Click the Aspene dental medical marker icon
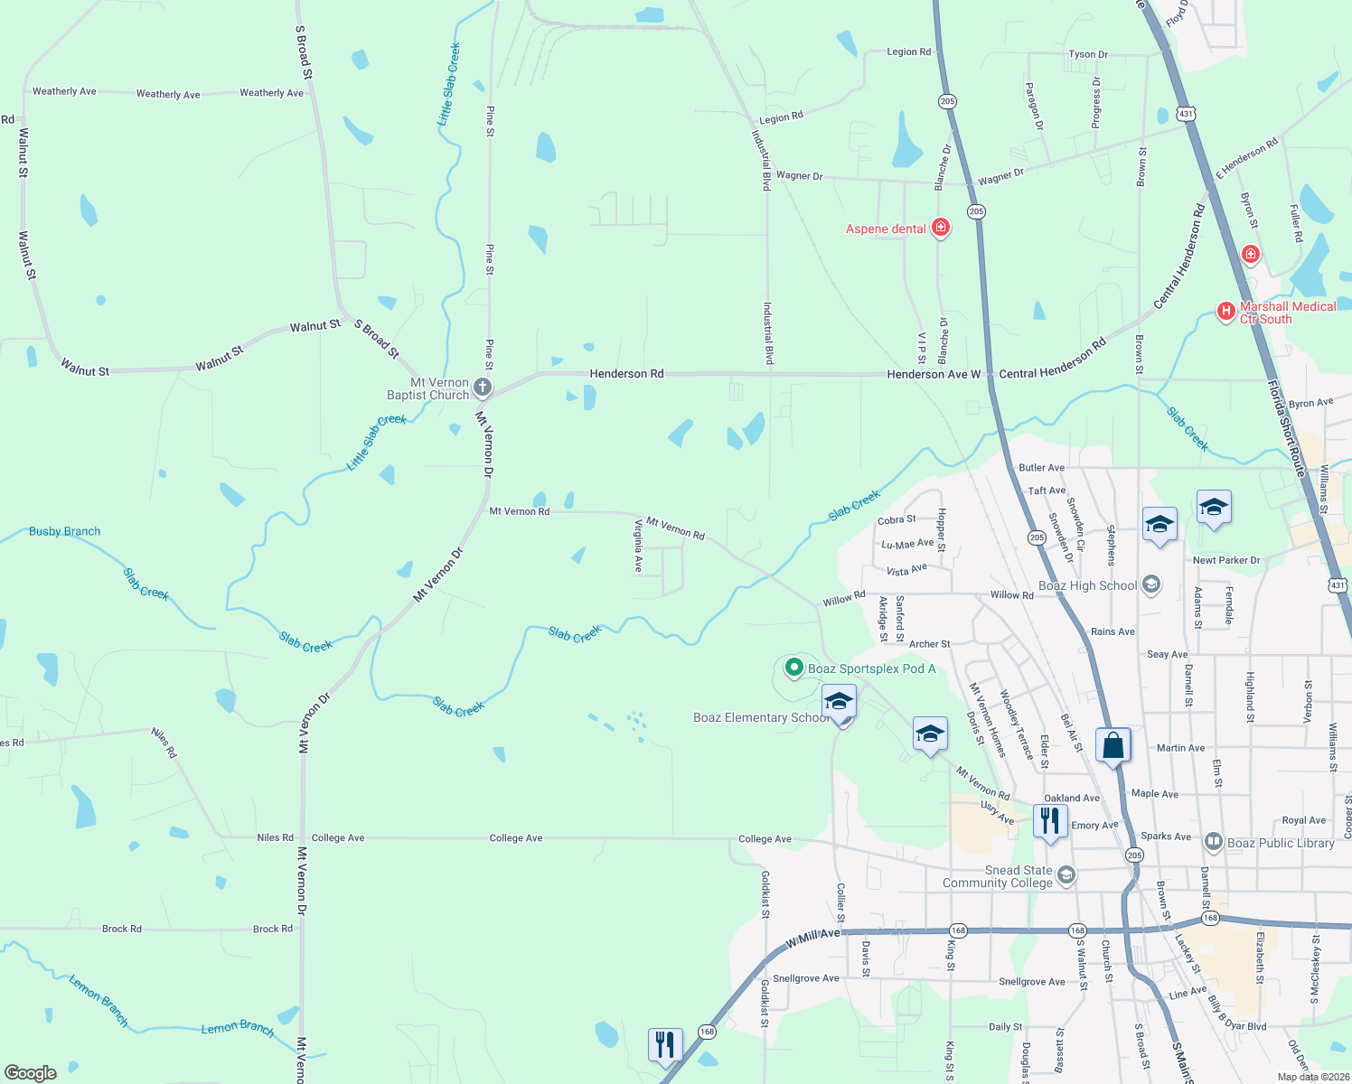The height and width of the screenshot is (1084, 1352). click(941, 227)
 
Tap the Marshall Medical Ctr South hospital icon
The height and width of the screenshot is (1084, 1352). click(1225, 312)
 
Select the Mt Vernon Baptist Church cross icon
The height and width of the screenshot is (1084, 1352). click(483, 388)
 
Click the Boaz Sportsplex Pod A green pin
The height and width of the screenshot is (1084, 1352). click(793, 668)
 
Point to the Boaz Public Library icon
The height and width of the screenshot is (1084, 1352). click(1214, 843)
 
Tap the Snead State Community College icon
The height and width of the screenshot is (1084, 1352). click(1066, 874)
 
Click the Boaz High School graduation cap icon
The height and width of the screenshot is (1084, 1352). click(1150, 584)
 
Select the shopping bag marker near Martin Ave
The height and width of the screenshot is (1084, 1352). click(1113, 746)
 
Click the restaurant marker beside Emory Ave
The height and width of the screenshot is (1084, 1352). click(1049, 821)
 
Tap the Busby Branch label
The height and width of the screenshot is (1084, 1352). click(64, 531)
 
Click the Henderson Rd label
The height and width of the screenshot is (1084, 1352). click(626, 373)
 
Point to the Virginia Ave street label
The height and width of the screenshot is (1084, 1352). click(638, 546)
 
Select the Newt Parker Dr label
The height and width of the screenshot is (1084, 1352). click(1225, 560)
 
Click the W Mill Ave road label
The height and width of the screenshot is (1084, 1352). click(813, 938)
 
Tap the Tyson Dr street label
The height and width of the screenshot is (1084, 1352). click(1088, 54)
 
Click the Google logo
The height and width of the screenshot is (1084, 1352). click(31, 1072)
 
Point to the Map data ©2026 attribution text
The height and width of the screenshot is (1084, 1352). click(1313, 1077)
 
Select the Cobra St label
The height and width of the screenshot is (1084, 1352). click(897, 520)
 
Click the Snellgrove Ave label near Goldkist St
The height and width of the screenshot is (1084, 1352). click(806, 978)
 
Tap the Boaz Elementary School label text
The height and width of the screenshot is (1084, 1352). click(759, 717)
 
